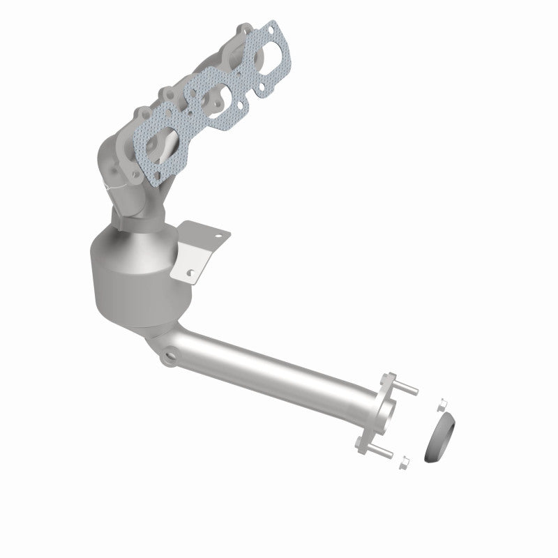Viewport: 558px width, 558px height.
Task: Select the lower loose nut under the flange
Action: (404, 462)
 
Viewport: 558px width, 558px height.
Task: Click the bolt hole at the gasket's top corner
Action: (271, 29)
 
